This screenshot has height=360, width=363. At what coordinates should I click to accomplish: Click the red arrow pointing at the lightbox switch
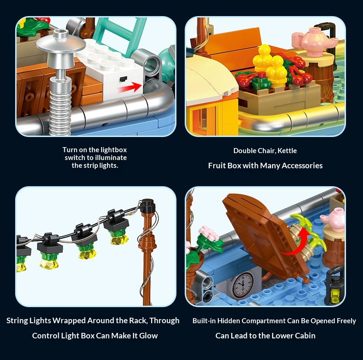pos(130,87)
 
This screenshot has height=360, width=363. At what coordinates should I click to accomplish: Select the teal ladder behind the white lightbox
pos(120,35)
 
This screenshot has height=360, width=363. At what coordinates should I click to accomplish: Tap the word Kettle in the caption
pos(287,151)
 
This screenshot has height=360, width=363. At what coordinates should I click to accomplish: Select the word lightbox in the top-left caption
pos(114,149)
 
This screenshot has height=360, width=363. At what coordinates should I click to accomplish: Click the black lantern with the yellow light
pos(335,286)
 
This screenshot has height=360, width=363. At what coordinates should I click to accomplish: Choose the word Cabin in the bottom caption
pos(305,336)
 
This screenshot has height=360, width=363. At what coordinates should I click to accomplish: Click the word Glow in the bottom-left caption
pos(148,336)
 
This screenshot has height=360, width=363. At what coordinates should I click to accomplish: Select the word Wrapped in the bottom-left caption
pos(69,321)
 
